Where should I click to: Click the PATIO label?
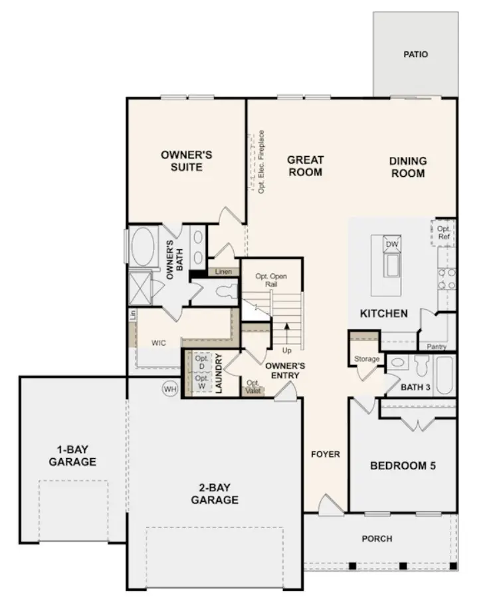(415, 54)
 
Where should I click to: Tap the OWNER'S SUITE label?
(186, 161)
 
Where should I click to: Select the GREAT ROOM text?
(305, 166)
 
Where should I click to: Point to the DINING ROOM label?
(407, 167)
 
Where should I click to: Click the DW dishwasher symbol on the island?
(392, 244)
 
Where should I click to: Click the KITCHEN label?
(383, 313)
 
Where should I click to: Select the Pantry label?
(437, 346)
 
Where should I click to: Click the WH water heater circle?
(170, 389)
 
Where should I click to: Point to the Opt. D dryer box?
(201, 363)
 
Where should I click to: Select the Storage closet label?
(367, 359)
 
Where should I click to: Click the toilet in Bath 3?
(420, 365)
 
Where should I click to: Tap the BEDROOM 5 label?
(403, 465)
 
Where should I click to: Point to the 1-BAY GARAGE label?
(72, 456)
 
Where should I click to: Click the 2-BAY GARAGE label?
(215, 494)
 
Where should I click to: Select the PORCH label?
(377, 539)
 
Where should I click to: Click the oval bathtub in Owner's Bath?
(142, 248)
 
